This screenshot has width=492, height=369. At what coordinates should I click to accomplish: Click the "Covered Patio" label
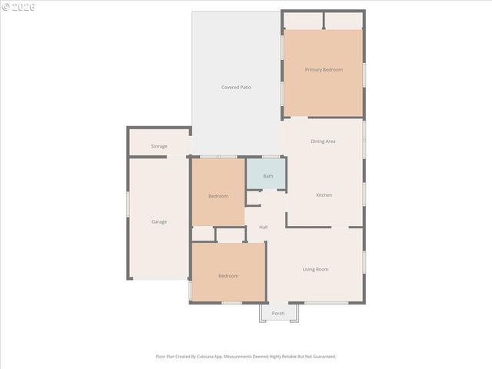[236, 88]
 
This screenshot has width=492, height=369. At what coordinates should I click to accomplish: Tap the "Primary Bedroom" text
[324, 70]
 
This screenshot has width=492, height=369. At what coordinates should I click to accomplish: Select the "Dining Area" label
[323, 141]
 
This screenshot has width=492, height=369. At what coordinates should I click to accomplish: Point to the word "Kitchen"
[324, 195]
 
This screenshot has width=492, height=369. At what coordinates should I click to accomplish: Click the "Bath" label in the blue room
[268, 176]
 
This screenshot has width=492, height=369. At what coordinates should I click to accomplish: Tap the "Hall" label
[263, 228]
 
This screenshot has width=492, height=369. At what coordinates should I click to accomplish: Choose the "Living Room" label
[315, 269]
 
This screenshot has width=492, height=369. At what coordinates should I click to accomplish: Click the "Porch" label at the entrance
[278, 314]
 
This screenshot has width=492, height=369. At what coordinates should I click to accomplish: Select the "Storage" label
[159, 146]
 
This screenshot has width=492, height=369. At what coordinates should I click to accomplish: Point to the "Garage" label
[159, 222]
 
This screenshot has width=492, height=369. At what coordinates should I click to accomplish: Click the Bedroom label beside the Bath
[218, 196]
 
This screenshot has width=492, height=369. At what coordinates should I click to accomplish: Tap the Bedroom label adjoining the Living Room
[228, 276]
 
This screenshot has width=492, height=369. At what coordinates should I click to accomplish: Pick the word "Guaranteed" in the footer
[322, 357]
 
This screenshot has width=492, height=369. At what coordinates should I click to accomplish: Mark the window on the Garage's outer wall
[128, 214]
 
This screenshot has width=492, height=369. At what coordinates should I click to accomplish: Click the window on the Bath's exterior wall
[271, 157]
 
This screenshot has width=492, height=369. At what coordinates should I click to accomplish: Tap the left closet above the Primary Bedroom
[303, 20]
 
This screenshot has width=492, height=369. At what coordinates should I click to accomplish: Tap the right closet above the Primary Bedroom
[344, 20]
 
